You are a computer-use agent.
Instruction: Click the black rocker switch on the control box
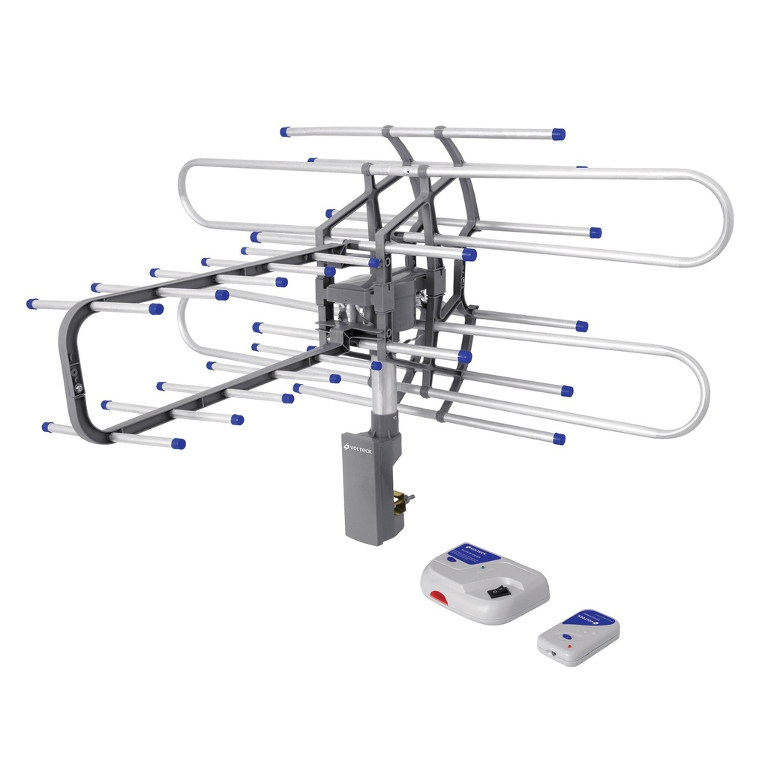[496, 591]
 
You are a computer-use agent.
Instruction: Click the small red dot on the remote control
[569, 646]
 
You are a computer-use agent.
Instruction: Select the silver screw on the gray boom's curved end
[78, 388]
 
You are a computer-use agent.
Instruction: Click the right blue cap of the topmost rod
[558, 134]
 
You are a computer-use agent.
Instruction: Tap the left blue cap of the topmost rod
[285, 132]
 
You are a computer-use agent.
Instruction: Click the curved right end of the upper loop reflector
[724, 217]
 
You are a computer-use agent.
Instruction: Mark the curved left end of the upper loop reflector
[184, 195]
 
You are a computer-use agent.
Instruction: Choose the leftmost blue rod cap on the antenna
[32, 304]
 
